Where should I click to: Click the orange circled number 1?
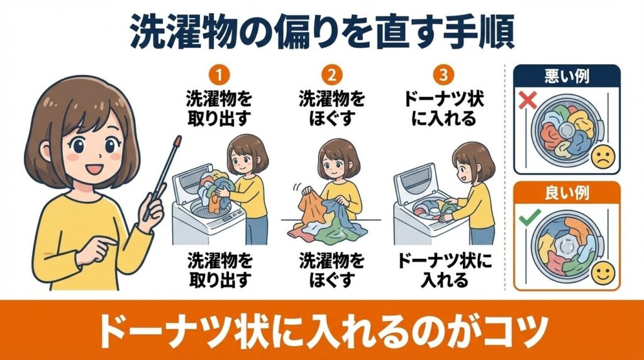click(219, 76)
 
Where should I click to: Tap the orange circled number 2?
click(331, 76)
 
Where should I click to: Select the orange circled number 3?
click(444, 76)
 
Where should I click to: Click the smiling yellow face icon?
click(602, 274)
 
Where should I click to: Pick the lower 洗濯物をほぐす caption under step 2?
click(331, 269)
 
